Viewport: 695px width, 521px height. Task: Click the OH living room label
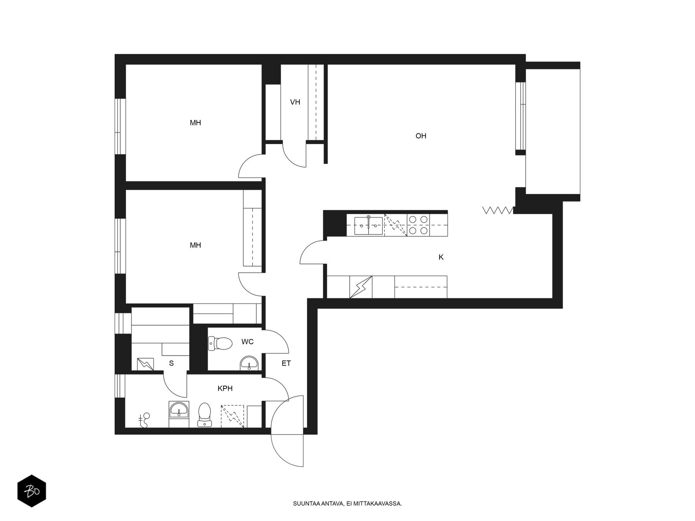click(x=421, y=136)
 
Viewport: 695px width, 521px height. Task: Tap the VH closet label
click(x=295, y=102)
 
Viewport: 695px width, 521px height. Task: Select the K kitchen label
click(x=441, y=257)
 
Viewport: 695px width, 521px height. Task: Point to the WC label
click(x=247, y=342)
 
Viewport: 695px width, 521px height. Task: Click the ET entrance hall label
click(x=286, y=363)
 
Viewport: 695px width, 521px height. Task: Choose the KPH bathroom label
click(x=225, y=389)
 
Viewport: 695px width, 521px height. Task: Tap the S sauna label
click(x=171, y=363)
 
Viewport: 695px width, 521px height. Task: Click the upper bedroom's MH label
click(x=195, y=123)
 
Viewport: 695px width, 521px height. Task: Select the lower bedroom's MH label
click(x=195, y=245)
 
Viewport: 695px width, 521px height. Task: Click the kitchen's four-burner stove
click(x=418, y=225)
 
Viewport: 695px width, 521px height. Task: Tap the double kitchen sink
click(x=368, y=225)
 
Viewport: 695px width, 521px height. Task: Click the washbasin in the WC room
click(x=249, y=363)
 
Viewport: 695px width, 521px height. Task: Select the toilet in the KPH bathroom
click(x=204, y=414)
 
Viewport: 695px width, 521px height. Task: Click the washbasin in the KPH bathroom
click(x=179, y=410)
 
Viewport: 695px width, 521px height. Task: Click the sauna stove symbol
click(x=146, y=364)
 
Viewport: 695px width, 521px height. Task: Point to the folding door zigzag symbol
click(x=497, y=211)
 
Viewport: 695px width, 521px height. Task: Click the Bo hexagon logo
click(x=32, y=491)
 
